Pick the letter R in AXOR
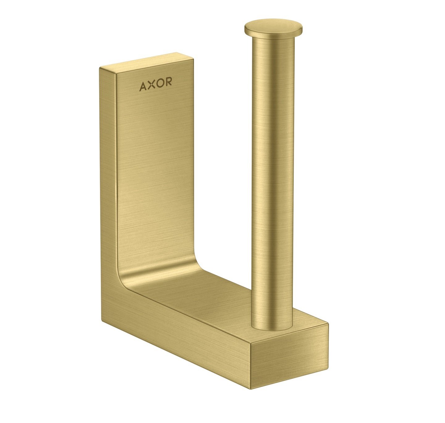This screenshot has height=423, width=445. tap(168, 82)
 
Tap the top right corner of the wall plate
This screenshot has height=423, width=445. tap(185, 53)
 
